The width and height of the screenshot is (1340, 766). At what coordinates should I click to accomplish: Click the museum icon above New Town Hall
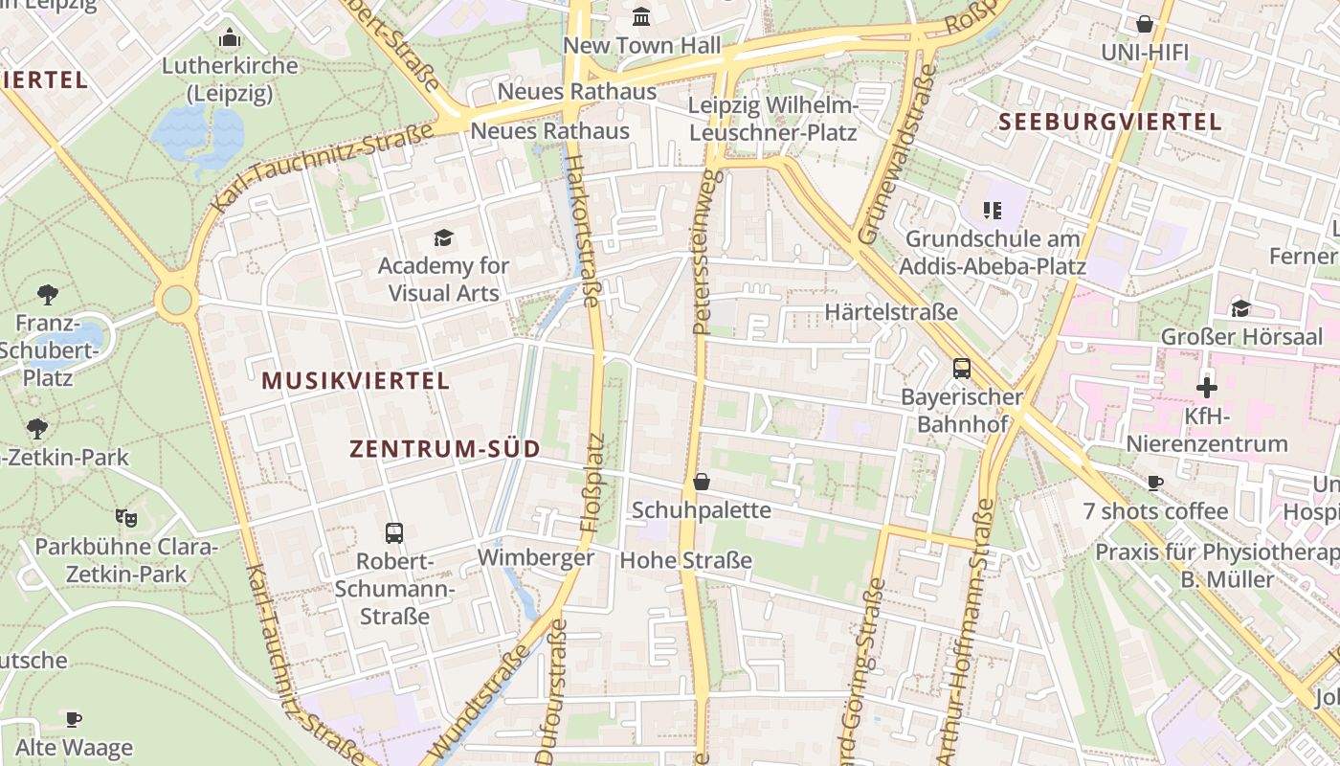tap(641, 16)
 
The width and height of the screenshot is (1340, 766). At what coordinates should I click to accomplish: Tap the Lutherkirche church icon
tap(230, 38)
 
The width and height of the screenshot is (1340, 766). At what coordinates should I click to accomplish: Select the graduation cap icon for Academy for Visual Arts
tap(443, 237)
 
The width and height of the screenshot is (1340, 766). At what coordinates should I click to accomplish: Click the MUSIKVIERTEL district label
tap(355, 381)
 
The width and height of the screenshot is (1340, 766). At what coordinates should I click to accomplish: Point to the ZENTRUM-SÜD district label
tap(445, 449)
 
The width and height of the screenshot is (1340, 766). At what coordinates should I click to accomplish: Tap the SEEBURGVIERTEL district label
tap(1110, 123)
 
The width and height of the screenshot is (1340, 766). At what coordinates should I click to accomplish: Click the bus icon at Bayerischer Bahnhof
tap(961, 369)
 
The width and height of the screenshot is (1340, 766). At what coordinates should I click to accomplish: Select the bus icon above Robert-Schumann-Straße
tap(394, 532)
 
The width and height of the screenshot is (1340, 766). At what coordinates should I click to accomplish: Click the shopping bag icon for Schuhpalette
tap(702, 482)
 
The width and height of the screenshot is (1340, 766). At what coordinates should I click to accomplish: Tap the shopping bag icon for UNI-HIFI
tap(1144, 24)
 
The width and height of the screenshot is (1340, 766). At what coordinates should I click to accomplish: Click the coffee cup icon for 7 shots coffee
tap(1154, 483)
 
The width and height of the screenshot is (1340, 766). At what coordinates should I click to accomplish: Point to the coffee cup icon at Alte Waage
tap(74, 718)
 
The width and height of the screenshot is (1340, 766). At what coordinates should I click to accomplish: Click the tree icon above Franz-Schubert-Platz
tap(48, 294)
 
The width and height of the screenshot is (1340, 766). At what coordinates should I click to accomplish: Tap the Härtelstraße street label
tap(891, 312)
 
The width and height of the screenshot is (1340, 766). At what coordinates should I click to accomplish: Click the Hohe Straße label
tap(686, 560)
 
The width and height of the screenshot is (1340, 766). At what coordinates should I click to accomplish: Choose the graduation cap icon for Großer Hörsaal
tap(1240, 308)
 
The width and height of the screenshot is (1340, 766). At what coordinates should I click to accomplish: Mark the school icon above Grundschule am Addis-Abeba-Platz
tap(993, 210)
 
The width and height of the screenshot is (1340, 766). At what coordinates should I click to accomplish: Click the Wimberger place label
tap(536, 557)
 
